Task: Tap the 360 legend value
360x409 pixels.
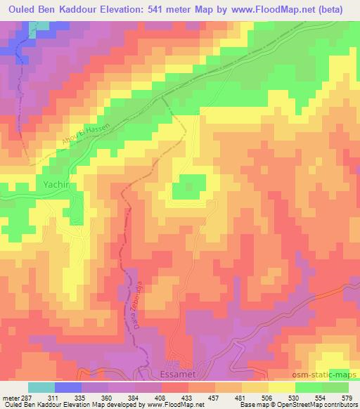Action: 107,397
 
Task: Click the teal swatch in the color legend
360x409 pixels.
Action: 41,387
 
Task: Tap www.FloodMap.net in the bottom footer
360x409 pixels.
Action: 173,405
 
